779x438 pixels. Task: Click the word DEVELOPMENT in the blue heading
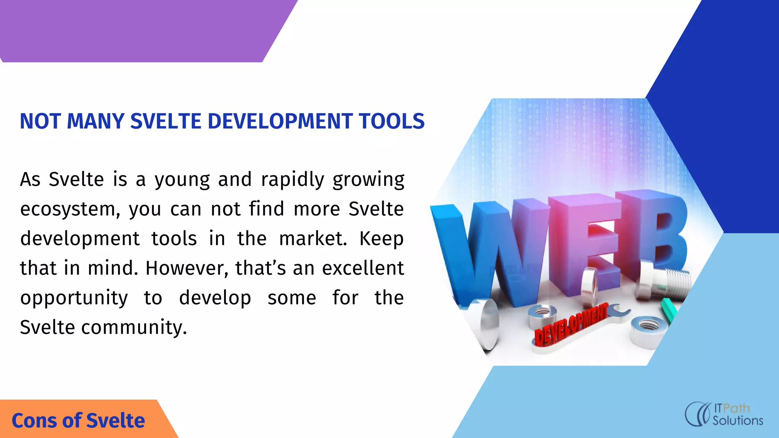[x=280, y=121]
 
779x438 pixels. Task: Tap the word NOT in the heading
[x=40, y=121]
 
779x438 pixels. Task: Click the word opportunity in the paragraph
[x=74, y=298]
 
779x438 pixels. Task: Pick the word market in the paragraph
[x=313, y=239]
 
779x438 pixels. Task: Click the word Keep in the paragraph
[x=382, y=239]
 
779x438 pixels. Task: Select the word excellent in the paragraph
[x=363, y=268]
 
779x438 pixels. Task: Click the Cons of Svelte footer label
[x=78, y=421]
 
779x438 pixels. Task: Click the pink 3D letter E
[x=586, y=243]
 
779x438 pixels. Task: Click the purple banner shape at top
[x=141, y=30]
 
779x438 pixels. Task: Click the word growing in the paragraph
[x=368, y=179]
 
